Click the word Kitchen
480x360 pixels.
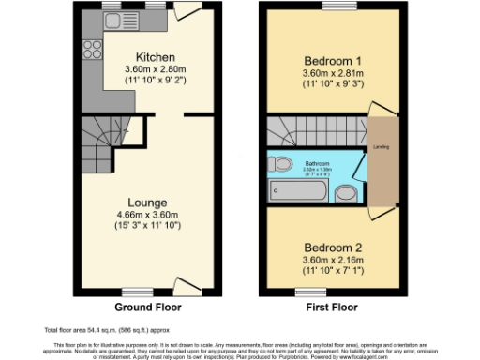156,56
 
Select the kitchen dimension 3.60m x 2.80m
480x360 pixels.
156,68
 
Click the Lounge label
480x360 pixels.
148,202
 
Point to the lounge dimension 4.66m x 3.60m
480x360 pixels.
148,215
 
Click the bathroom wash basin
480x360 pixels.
345,193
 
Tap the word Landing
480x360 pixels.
382,147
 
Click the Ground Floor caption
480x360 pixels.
148,307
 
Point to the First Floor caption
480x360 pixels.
331,307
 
